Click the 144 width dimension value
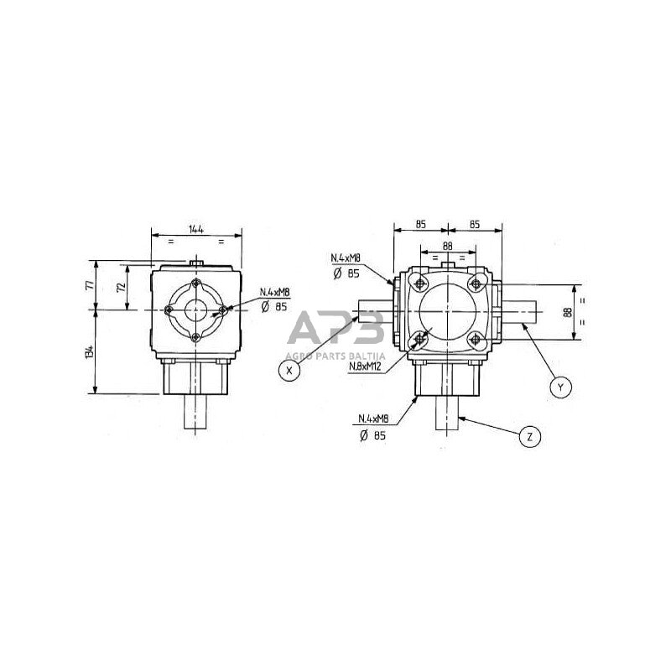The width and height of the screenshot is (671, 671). click(x=195, y=228)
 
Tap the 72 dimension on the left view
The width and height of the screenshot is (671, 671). click(x=122, y=287)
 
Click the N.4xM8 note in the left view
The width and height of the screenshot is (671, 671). click(x=274, y=292)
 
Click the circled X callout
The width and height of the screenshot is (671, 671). click(x=289, y=370)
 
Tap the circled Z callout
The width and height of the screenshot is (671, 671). click(x=530, y=436)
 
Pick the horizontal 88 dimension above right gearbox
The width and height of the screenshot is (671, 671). click(x=446, y=245)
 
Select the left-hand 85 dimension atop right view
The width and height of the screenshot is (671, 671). click(x=419, y=225)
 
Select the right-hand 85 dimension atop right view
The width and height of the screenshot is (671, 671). click(x=474, y=225)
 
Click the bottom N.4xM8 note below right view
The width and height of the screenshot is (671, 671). click(x=372, y=419)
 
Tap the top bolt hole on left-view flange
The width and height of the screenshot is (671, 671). click(x=195, y=283)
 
